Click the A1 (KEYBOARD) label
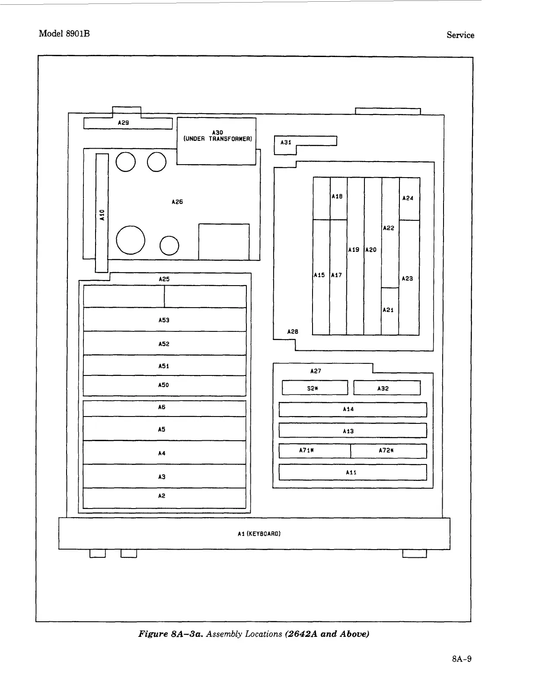point(259,534)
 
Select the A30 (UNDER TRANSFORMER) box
point(217,141)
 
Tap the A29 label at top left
point(123,123)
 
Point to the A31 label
point(286,142)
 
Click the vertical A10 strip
point(102,214)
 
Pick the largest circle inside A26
point(131,240)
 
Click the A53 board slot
point(164,320)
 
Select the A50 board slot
point(164,385)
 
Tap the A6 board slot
point(164,408)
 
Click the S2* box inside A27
point(314,388)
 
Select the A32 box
point(386,388)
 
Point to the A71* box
point(314,451)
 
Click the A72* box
point(388,451)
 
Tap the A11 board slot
point(352,472)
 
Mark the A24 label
point(408,198)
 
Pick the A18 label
point(337,197)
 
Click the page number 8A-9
point(461,659)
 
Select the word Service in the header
point(460,35)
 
